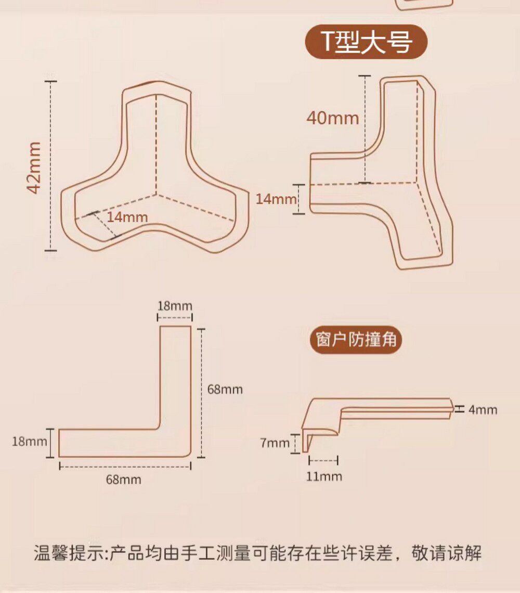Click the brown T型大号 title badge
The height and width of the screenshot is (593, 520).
click(366, 42)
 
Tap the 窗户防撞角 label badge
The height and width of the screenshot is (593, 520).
click(356, 340)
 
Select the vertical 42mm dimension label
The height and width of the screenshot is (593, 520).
click(35, 167)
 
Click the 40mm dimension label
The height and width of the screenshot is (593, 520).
click(333, 118)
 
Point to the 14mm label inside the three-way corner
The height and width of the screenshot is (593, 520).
click(127, 217)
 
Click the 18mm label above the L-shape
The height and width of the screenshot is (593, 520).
click(175, 305)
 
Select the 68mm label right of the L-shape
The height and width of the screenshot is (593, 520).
click(225, 389)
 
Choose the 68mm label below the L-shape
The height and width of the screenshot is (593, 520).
click(123, 480)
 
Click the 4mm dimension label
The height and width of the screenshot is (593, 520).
click(483, 410)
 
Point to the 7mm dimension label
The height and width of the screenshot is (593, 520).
click(275, 443)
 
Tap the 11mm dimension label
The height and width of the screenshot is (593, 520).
click(324, 476)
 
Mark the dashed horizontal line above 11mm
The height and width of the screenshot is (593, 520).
click(323, 460)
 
